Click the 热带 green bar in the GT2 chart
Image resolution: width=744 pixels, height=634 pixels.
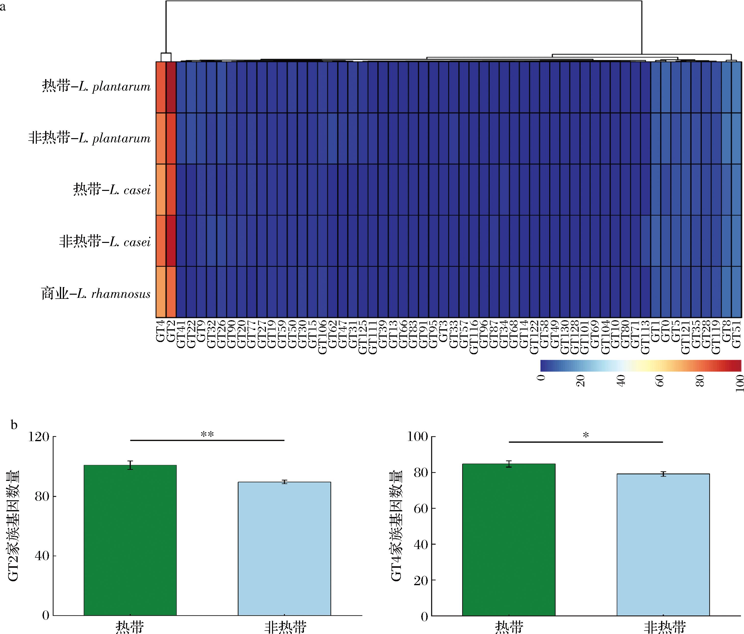click(x=130, y=541)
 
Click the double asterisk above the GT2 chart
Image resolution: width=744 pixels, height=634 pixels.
click(x=207, y=435)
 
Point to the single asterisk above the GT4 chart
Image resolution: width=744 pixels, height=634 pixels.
click(x=586, y=436)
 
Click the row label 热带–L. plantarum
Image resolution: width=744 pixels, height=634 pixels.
click(x=96, y=87)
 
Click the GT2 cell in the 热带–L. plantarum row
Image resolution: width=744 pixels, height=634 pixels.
click(x=171, y=87)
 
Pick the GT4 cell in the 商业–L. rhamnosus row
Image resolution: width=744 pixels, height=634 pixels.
click(x=161, y=292)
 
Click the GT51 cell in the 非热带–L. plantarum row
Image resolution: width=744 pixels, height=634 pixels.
click(x=736, y=139)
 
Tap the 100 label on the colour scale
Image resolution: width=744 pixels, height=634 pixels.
click(x=739, y=383)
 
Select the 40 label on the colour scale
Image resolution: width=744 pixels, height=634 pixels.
click(x=621, y=380)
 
